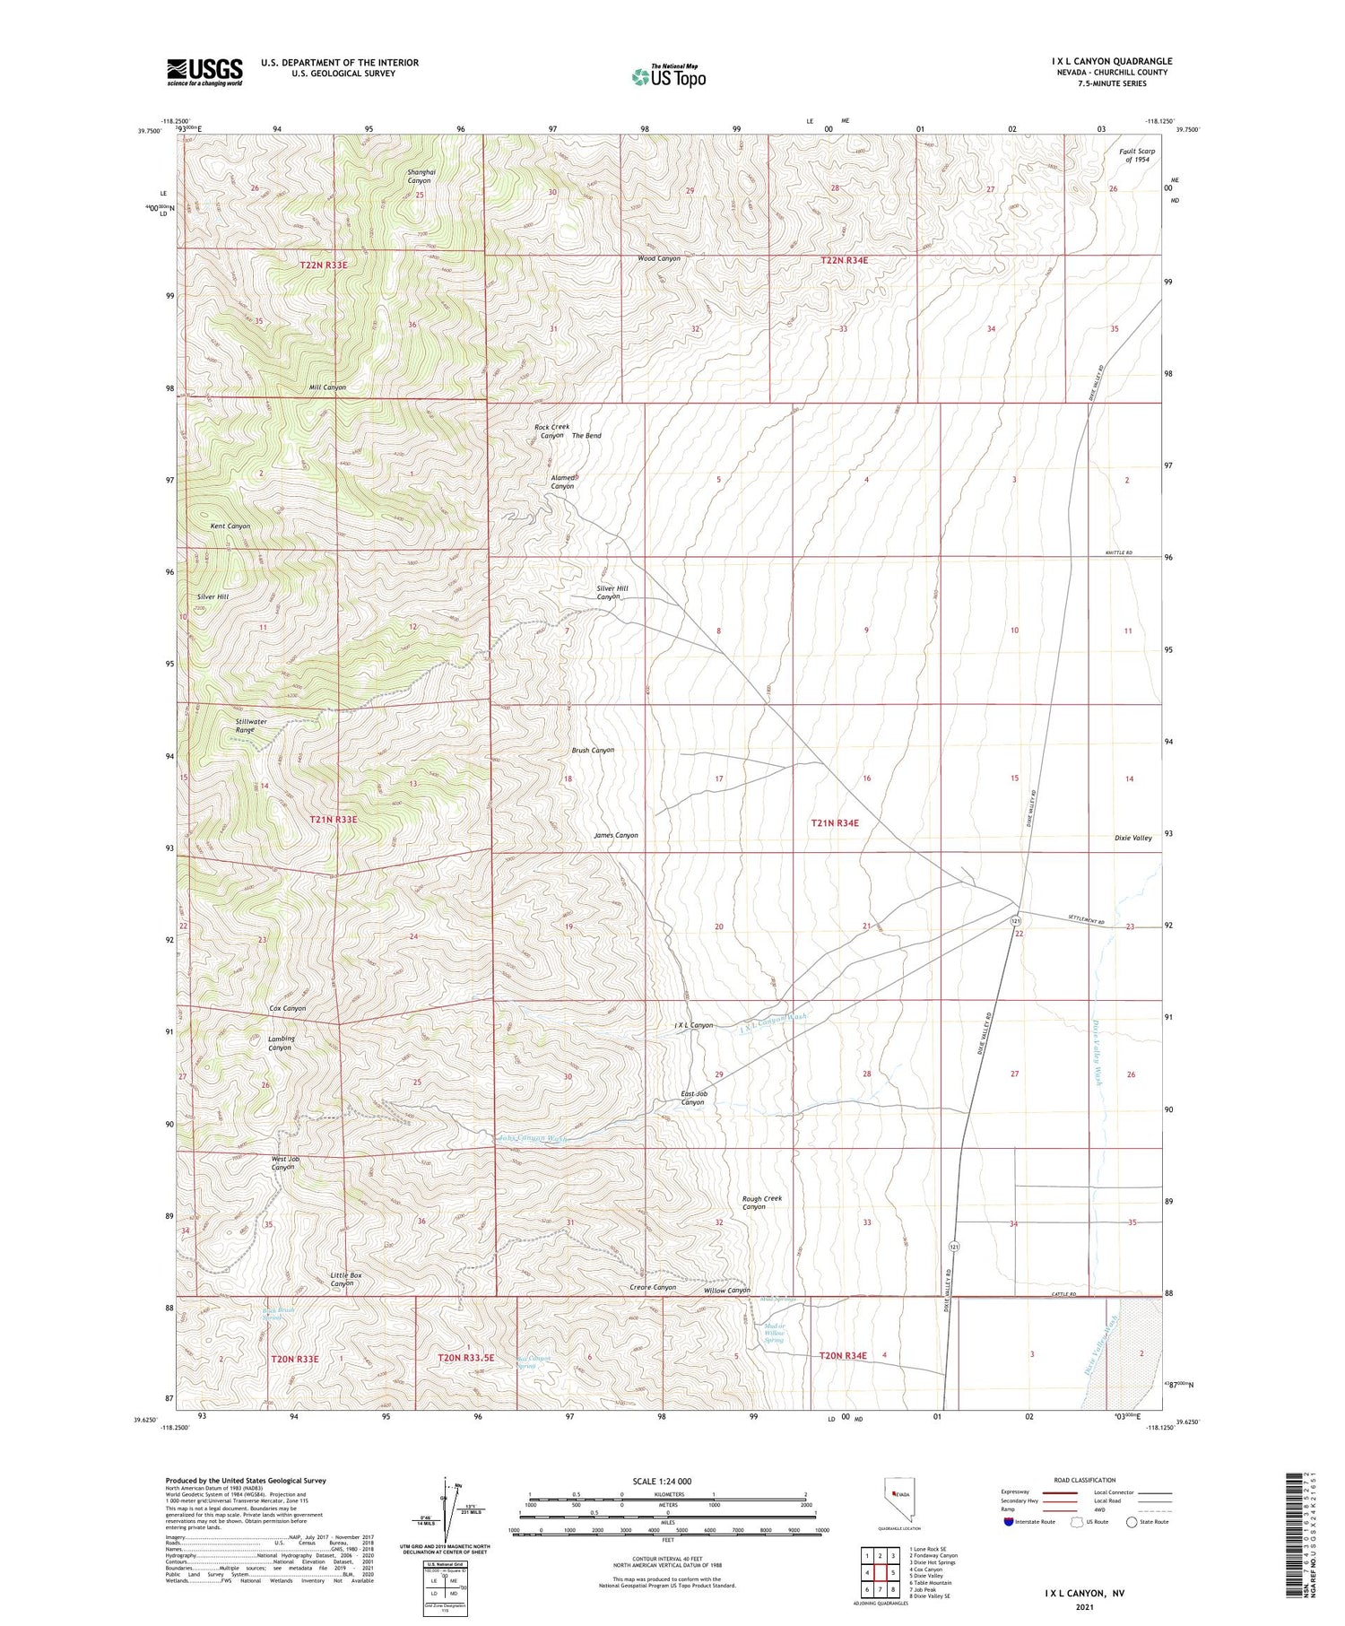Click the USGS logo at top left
[204, 72]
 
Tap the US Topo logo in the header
[669, 76]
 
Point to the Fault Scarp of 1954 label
[1136, 156]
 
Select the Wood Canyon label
[658, 258]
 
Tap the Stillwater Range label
[251, 726]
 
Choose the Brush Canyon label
[593, 750]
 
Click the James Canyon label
[616, 835]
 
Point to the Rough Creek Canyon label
[761, 1203]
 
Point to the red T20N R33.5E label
[465, 1358]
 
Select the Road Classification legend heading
[1084, 1480]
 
